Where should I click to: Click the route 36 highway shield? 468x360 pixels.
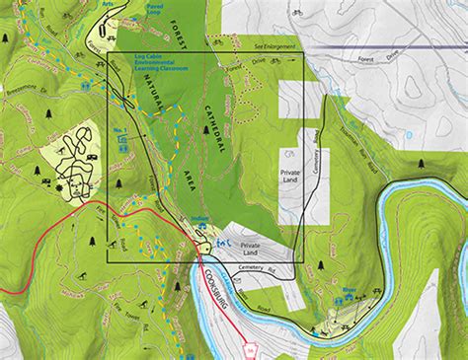pos(250,349)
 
